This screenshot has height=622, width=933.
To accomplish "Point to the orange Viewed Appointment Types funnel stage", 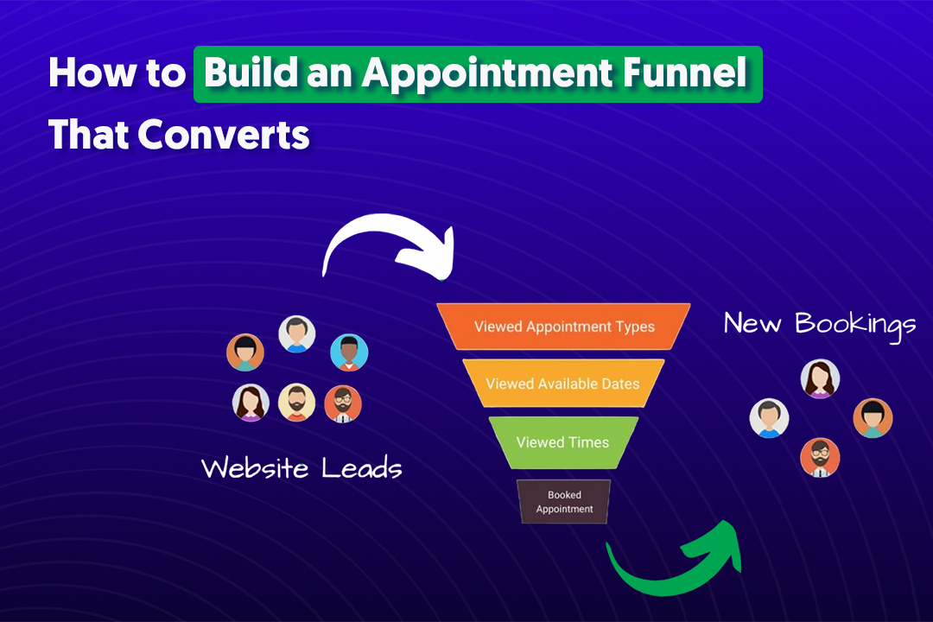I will [x=563, y=327].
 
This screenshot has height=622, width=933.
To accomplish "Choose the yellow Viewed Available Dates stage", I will [x=563, y=383].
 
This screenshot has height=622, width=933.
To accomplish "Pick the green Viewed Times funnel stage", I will [x=563, y=441].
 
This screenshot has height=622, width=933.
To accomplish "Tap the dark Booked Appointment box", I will [x=564, y=502].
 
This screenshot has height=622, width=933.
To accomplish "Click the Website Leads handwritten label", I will [x=301, y=468].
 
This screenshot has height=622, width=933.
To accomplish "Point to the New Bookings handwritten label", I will [x=820, y=324].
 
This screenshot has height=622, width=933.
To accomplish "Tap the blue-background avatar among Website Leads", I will [x=349, y=352].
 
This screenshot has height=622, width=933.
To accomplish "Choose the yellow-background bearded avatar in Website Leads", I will [x=296, y=402].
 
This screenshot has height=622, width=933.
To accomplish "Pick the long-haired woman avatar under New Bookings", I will [x=820, y=378].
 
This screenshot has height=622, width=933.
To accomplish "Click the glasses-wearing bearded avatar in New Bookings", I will [x=819, y=457].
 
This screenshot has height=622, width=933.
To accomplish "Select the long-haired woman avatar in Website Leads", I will [x=251, y=403].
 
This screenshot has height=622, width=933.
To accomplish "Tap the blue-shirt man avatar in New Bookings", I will [x=768, y=418].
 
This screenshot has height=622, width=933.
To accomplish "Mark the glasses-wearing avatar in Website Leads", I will [x=343, y=403].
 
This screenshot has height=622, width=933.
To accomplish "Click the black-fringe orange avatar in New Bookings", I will [x=873, y=418].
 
